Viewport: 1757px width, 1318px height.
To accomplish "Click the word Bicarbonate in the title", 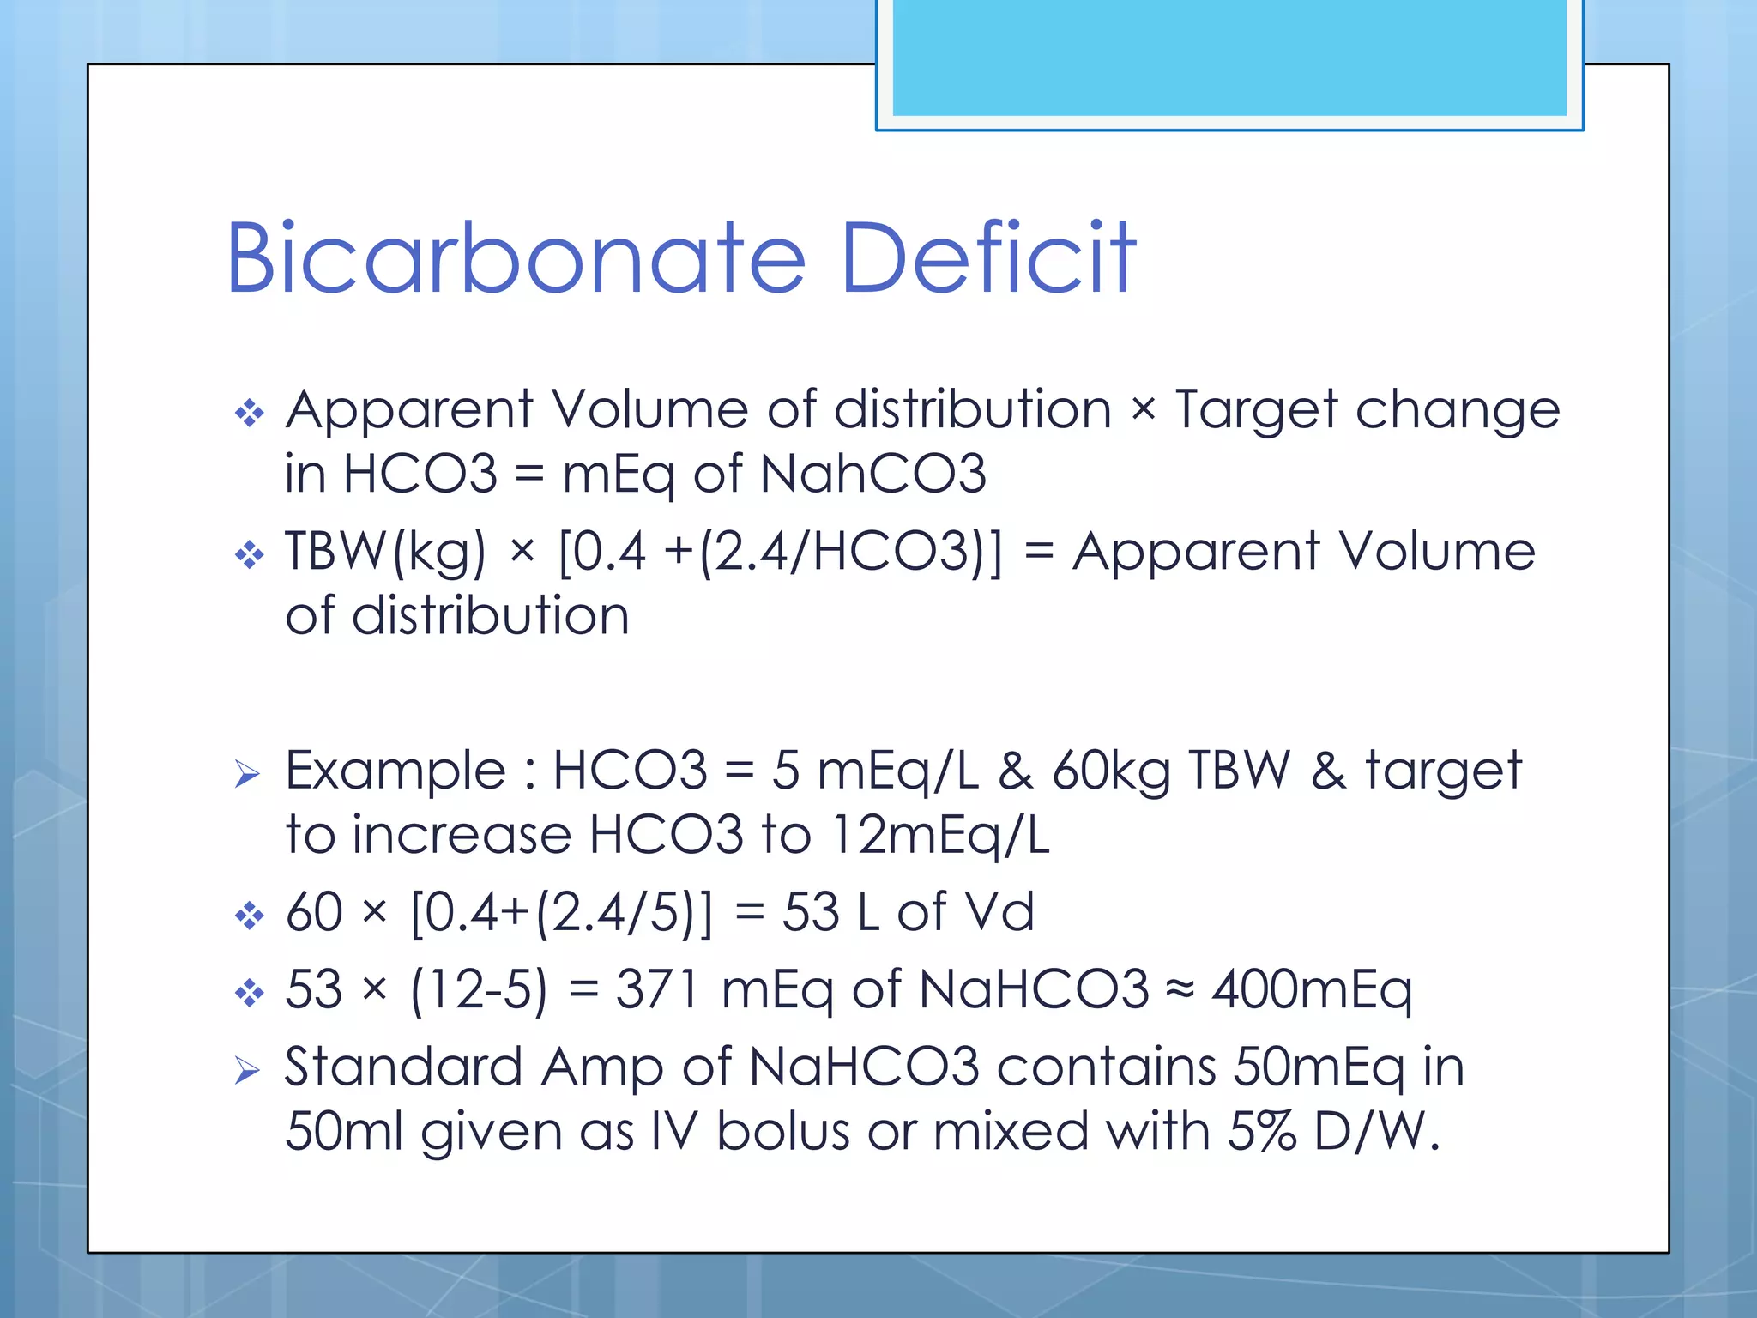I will pos(515,258).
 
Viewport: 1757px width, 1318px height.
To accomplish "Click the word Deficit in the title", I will pos(988,258).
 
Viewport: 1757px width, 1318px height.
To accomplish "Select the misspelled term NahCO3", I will pos(872,474).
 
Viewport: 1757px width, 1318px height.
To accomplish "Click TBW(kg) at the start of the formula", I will pos(385,552).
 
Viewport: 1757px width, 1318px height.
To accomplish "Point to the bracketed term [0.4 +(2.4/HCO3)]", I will pos(779,552).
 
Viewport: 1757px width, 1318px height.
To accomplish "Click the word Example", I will pos(395,771).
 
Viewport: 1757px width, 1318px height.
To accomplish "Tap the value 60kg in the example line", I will pos(1111,771).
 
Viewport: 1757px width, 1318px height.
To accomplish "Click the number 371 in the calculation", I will pos(657,989).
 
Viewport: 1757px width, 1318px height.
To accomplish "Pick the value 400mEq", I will pos(1312,989).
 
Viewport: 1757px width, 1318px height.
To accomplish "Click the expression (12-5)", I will pos(478,989).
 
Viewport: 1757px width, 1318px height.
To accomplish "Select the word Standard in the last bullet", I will pos(403,1067).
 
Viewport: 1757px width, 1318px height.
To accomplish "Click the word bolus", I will pos(782,1132).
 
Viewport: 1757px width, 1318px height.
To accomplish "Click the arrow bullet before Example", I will pos(247,775).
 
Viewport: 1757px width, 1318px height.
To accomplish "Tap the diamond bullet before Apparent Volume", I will pos(249,414).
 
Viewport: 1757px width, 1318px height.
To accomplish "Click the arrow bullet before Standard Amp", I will pos(247,1071).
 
